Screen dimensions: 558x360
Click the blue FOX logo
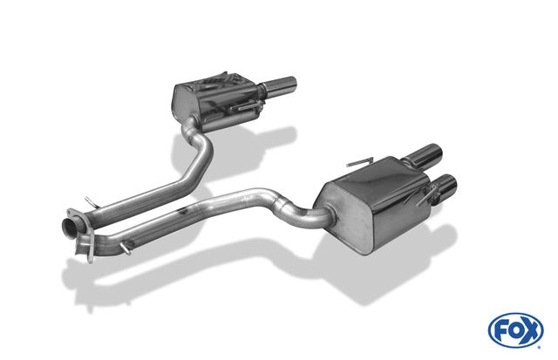[x=516, y=330]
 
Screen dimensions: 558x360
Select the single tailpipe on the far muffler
[x=279, y=85]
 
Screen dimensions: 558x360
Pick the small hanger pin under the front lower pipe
[x=126, y=248]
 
